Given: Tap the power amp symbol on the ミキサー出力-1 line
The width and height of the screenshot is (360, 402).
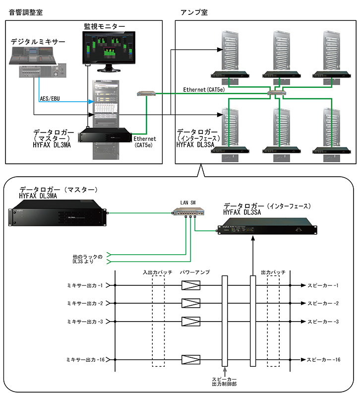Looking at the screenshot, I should [x=191, y=285].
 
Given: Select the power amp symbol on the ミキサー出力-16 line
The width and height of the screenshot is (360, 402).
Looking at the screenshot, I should [x=191, y=359].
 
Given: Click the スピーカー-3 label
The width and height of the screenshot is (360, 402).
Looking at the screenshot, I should [x=323, y=322].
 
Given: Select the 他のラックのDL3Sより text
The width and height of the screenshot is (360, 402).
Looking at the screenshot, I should [x=87, y=259].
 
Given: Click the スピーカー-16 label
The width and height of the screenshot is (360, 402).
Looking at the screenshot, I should [x=324, y=359].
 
